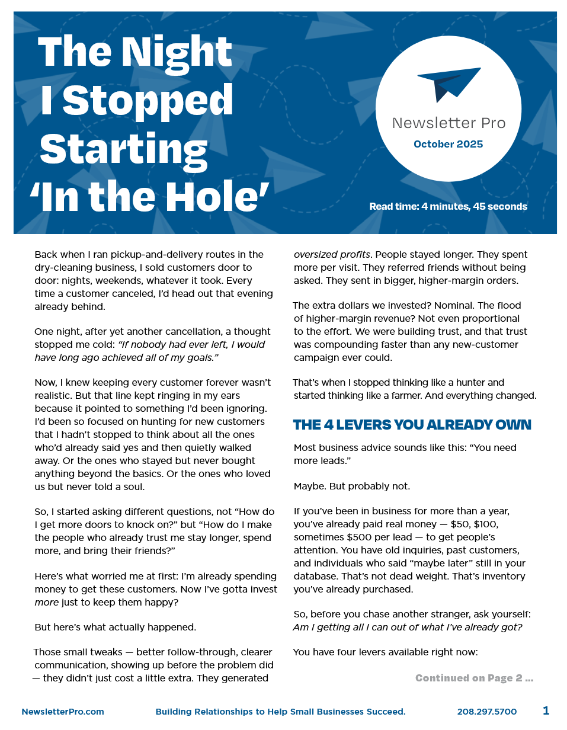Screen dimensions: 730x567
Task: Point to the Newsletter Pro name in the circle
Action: pyautogui.click(x=449, y=123)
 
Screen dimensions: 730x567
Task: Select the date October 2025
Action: pyautogui.click(x=449, y=144)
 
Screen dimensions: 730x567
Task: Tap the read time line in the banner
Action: pyautogui.click(x=448, y=207)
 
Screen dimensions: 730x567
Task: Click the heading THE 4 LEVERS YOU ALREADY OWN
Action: pyautogui.click(x=412, y=425)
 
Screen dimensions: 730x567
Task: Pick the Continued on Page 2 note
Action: pyautogui.click(x=474, y=678)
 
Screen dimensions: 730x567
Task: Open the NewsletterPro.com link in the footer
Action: pyautogui.click(x=63, y=712)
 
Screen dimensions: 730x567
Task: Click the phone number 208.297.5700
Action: pyautogui.click(x=487, y=712)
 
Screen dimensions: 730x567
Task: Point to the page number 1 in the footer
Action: pyautogui.click(x=546, y=710)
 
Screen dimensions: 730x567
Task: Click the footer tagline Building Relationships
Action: pyautogui.click(x=280, y=712)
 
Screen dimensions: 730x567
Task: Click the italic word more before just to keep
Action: pyautogui.click(x=47, y=602)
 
